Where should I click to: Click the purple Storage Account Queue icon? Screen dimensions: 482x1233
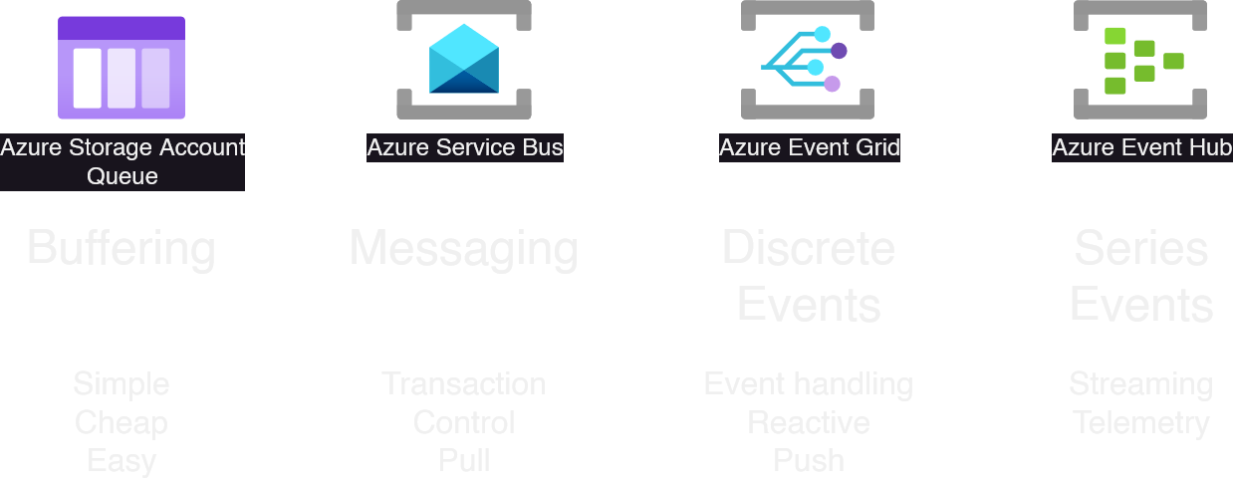tap(122, 68)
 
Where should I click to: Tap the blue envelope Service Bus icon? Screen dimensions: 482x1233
tap(464, 60)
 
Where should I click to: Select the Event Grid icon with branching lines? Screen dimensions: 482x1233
tap(807, 60)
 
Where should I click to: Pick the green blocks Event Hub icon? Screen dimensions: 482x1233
tap(1141, 60)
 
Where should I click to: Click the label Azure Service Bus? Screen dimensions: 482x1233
tap(465, 148)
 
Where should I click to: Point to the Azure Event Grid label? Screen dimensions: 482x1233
tap(809, 148)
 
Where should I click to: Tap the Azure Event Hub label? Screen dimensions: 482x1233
tap(1141, 148)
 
